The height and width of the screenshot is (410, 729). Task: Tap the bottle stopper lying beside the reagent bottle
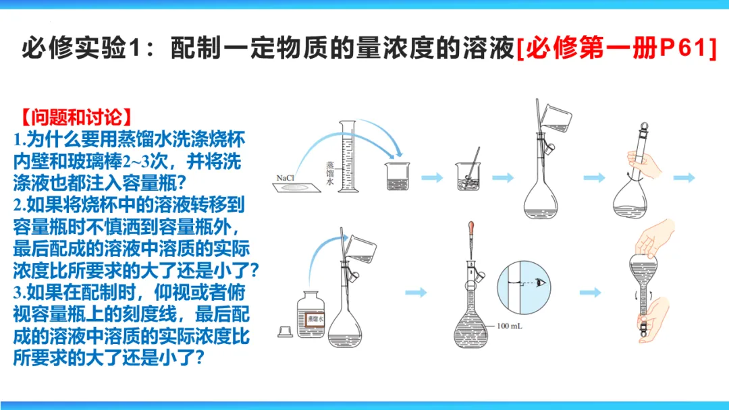(x=285, y=331)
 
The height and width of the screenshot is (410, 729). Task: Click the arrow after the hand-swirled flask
(x=684, y=177)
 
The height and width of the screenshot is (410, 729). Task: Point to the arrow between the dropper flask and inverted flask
(x=590, y=292)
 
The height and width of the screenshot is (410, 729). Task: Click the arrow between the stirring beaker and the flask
(x=502, y=177)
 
